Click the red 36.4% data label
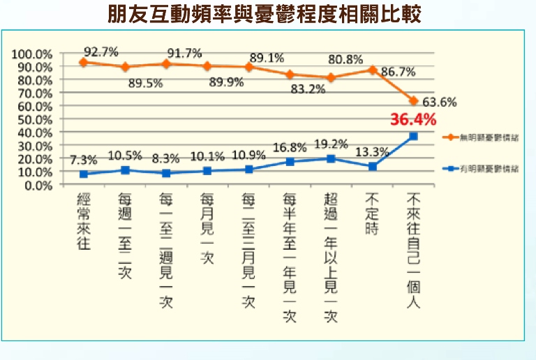pos(412,120)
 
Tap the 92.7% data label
pos(100,51)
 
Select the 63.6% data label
pos(440,103)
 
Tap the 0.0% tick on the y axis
pos(38,185)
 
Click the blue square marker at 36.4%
pos(413,137)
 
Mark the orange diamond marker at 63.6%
pos(413,101)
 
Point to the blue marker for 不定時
pos(372,167)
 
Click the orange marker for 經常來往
pos(83,62)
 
